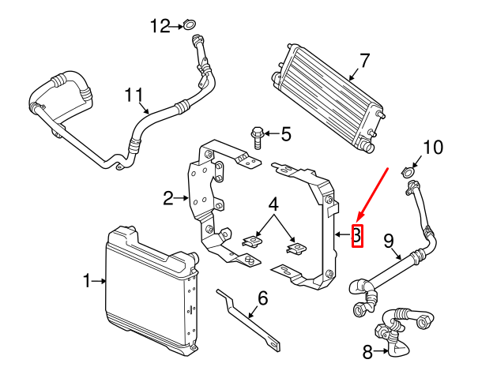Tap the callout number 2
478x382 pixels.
click(x=167, y=198)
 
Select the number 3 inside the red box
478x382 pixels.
click(x=356, y=234)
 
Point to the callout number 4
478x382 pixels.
click(x=273, y=204)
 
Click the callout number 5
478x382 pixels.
click(x=285, y=134)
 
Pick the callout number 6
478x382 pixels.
click(x=262, y=298)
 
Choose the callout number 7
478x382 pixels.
click(x=364, y=60)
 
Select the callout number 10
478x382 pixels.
click(x=434, y=148)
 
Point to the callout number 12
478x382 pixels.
click(x=160, y=27)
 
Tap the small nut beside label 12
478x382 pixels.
click(x=190, y=27)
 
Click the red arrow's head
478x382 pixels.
click(x=359, y=219)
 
